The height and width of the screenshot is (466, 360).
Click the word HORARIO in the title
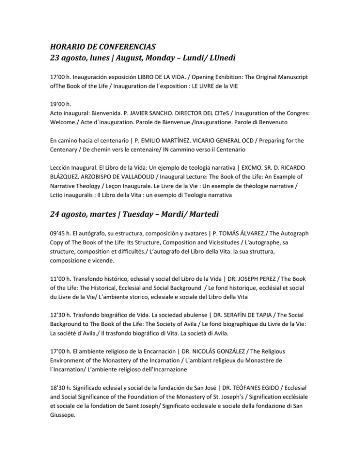[66, 46]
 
